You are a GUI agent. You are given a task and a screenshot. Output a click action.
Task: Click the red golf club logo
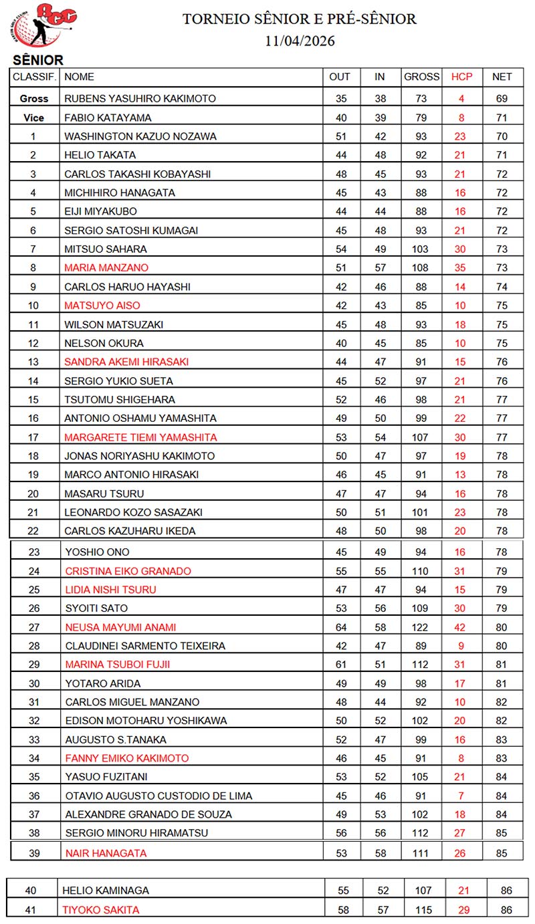tap(45, 26)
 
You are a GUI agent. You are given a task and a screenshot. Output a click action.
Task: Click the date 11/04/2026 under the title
tap(300, 41)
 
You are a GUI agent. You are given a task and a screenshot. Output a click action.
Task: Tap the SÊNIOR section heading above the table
tap(38, 60)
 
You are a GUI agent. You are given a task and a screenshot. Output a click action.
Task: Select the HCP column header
tap(461, 77)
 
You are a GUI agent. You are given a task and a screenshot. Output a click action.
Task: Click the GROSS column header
tap(421, 77)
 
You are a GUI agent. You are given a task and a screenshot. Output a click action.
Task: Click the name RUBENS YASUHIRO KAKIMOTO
tap(140, 98)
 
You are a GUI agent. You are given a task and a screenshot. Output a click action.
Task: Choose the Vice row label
tap(34, 118)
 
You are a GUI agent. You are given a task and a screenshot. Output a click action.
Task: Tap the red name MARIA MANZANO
tap(106, 267)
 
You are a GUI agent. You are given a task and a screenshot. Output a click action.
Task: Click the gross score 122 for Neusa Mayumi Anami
tap(422, 627)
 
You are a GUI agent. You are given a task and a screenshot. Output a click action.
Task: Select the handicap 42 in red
tap(461, 627)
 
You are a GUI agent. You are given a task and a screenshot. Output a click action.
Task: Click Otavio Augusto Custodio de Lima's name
tap(158, 796)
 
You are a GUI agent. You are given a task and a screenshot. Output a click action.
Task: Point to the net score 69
tap(502, 98)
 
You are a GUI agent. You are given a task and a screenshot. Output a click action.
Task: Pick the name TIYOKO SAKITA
tap(100, 909)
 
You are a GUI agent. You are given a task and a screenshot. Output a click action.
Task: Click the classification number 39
tap(34, 852)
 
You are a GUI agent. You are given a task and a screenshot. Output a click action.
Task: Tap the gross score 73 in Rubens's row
tap(421, 98)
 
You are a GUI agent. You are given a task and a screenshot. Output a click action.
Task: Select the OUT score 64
tap(340, 627)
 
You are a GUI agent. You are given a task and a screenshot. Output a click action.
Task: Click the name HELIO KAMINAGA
tap(106, 891)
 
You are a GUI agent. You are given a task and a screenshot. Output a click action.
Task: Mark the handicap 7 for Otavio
tap(461, 796)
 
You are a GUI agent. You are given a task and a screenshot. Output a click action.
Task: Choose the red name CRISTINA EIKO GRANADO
tap(128, 571)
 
